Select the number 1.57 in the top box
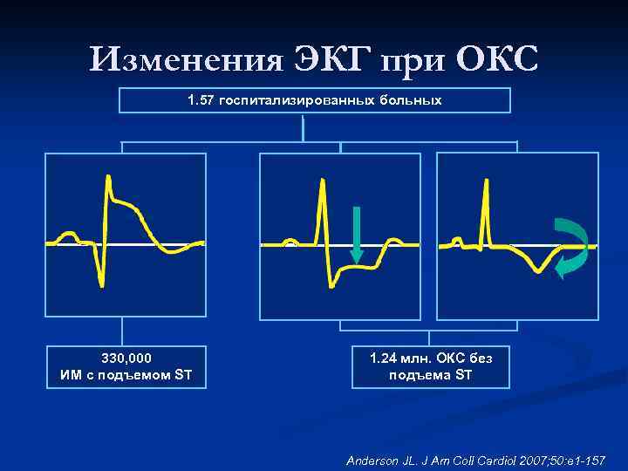(x=201, y=100)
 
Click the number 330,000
(x=126, y=358)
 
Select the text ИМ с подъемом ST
(x=126, y=376)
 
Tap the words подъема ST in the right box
(x=431, y=376)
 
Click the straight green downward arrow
(x=356, y=234)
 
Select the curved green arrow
(x=571, y=247)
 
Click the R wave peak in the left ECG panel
(x=108, y=178)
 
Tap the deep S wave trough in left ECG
(x=102, y=284)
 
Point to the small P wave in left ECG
(x=65, y=235)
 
